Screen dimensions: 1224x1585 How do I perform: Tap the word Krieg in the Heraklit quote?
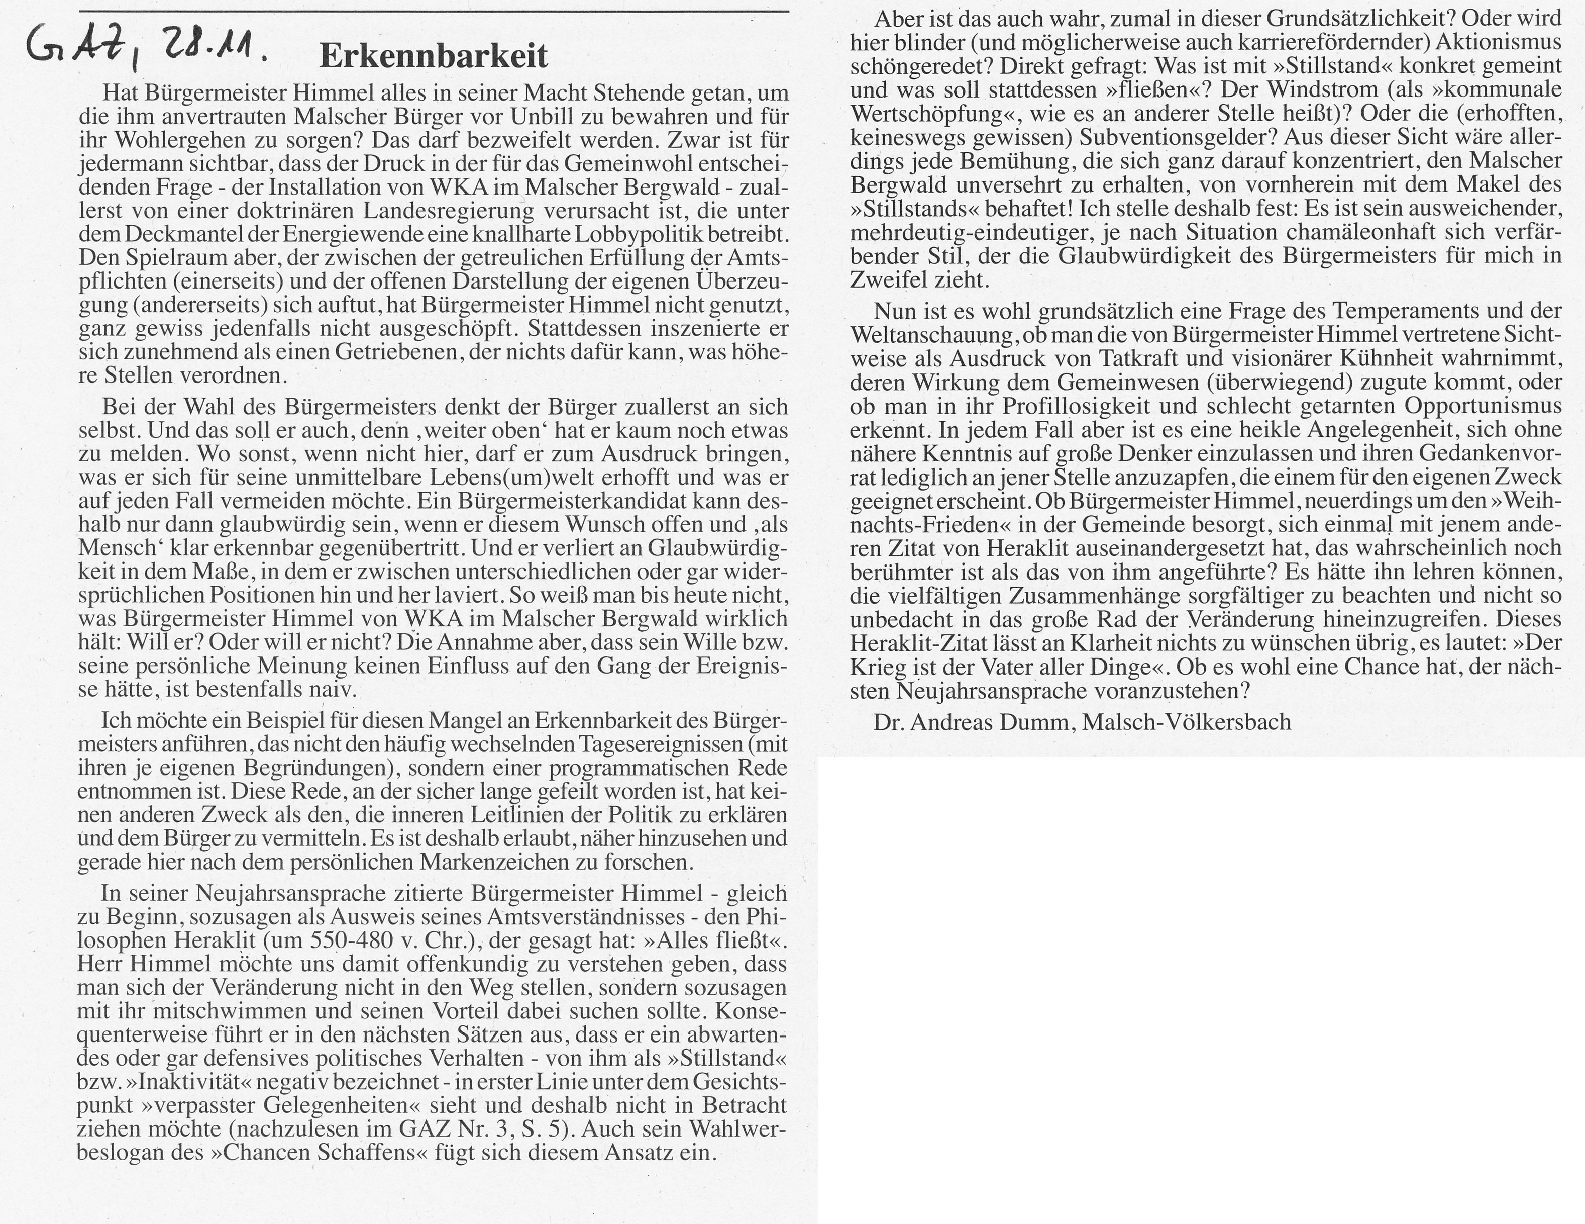881,667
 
